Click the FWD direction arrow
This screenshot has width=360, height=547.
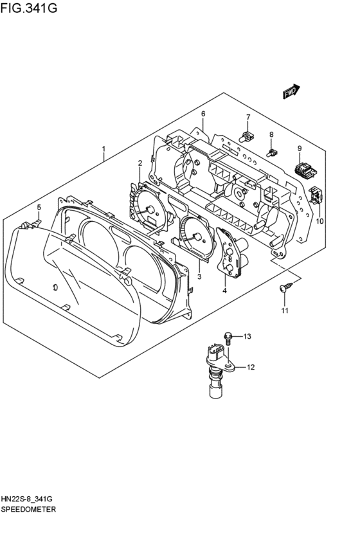[x=291, y=91]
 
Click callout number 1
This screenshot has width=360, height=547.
[x=104, y=149]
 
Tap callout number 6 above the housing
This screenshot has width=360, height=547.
[x=203, y=114]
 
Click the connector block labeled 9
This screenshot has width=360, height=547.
[x=305, y=170]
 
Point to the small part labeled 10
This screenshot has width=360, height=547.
[x=316, y=194]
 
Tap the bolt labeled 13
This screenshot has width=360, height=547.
[x=228, y=338]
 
